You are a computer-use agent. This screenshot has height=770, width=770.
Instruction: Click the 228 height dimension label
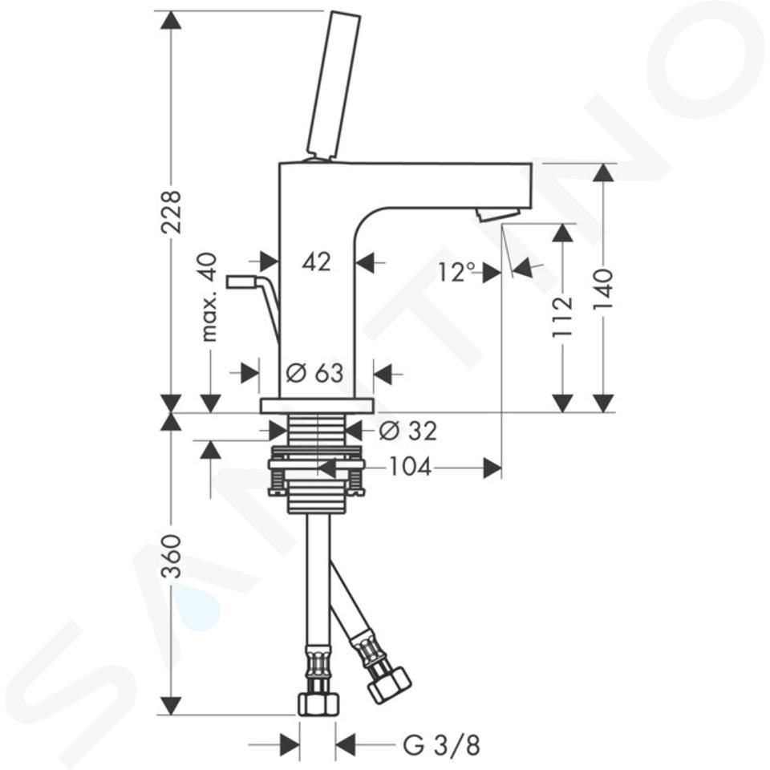click(172, 212)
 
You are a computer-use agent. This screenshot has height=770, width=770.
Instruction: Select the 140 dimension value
click(603, 289)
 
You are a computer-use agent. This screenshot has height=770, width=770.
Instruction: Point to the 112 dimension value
click(563, 316)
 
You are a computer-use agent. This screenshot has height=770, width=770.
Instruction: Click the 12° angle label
click(457, 272)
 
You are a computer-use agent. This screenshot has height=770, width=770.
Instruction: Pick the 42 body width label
click(317, 262)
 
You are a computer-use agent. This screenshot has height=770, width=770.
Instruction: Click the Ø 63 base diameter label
click(314, 373)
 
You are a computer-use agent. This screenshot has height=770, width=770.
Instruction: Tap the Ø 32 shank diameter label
click(408, 432)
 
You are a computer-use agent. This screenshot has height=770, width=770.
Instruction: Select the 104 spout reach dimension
click(410, 467)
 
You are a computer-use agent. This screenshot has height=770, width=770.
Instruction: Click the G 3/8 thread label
click(441, 745)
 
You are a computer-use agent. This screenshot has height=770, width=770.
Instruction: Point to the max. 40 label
click(209, 297)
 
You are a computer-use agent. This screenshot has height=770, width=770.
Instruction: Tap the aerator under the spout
click(497, 215)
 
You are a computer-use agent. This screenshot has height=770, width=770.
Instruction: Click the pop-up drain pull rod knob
click(240, 282)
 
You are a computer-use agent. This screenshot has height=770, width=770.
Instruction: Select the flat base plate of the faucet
click(318, 406)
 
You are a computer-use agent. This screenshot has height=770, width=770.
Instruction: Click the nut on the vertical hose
click(318, 703)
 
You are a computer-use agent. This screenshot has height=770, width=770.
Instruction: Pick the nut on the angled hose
click(390, 685)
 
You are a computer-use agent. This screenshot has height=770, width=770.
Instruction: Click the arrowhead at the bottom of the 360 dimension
click(171, 705)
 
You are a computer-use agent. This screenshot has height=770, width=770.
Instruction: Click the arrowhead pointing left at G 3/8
click(345, 745)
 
